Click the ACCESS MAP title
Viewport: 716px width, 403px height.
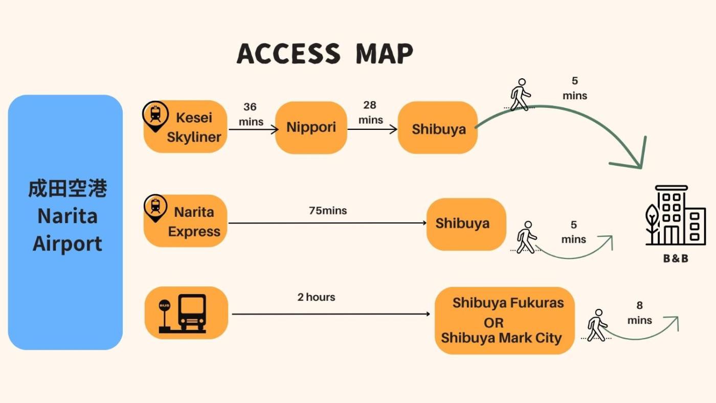325,54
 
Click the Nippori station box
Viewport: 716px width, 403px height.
311,127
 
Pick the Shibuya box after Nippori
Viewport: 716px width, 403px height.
438,128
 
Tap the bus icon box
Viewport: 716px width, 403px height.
186,312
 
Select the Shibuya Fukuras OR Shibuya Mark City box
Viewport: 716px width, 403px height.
504,321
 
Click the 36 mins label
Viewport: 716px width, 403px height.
251,114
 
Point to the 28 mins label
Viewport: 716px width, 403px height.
370,112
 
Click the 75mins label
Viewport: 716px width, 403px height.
328,211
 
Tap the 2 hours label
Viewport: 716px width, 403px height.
316,297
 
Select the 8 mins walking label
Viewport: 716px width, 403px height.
639,313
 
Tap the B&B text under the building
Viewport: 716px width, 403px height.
676,259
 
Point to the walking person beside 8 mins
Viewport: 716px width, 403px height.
597,325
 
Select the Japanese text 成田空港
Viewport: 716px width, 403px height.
68,189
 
